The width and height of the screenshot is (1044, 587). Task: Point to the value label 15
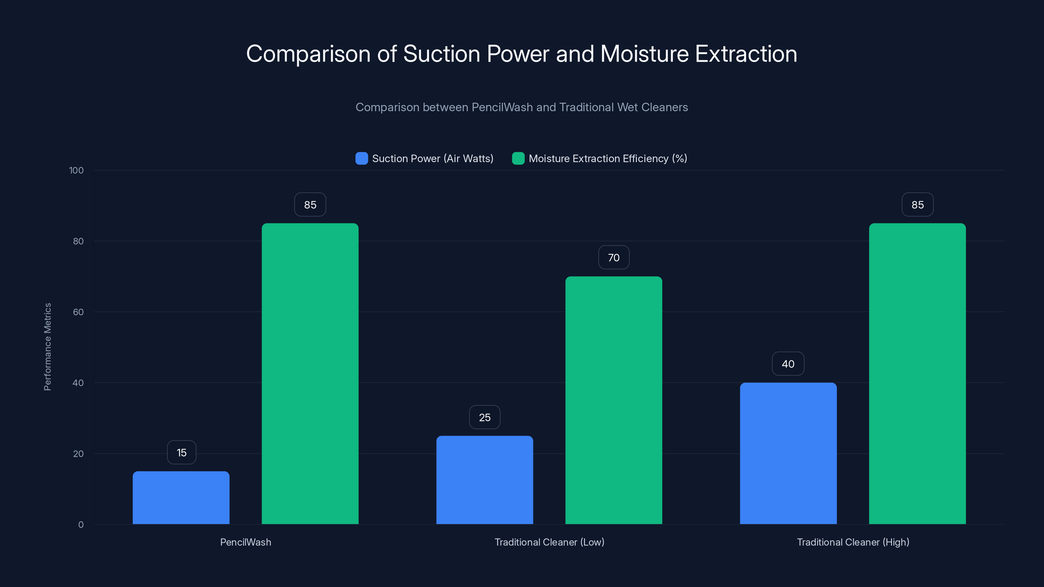(182, 453)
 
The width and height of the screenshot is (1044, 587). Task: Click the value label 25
(485, 417)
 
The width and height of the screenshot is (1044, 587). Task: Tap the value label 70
(614, 258)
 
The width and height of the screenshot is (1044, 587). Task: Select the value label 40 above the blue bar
(788, 364)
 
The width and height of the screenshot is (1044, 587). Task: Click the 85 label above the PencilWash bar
(310, 204)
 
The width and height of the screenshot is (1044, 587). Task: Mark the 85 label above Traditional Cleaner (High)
(917, 204)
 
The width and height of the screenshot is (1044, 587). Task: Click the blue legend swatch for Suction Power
(361, 158)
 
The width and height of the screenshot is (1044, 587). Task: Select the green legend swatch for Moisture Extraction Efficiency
(518, 158)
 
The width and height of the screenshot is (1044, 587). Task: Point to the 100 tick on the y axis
(76, 171)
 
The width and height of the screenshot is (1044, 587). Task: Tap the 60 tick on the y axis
(78, 312)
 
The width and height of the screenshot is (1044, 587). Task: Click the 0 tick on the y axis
(81, 525)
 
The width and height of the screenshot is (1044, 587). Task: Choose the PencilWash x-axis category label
(246, 542)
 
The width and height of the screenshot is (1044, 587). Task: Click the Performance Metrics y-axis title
(47, 347)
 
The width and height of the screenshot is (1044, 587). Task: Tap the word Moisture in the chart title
(644, 54)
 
